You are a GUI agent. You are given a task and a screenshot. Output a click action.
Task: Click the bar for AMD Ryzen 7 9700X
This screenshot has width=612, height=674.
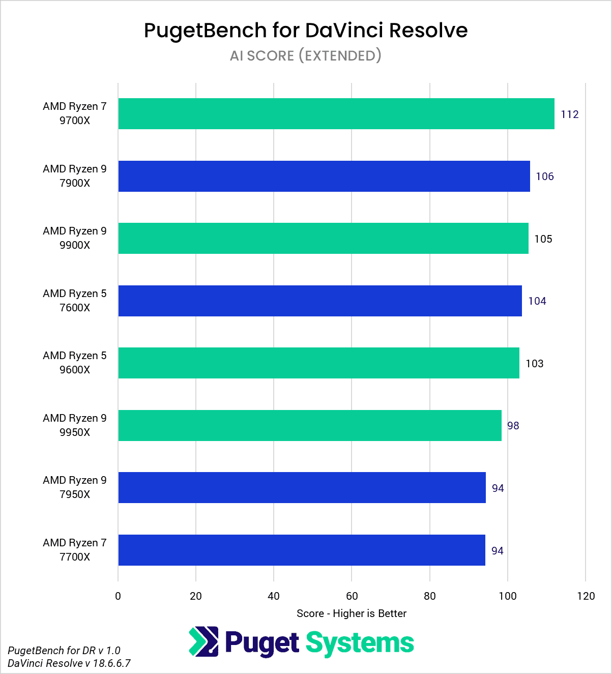click(336, 113)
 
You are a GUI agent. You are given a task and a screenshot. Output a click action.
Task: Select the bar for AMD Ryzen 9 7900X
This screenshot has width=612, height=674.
click(324, 176)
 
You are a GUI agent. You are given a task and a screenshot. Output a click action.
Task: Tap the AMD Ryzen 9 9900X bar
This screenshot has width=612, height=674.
click(323, 238)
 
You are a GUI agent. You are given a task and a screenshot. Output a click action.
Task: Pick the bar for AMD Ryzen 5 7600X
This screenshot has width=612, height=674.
click(319, 301)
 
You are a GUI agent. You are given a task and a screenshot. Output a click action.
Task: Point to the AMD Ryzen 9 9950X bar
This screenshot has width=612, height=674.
click(309, 425)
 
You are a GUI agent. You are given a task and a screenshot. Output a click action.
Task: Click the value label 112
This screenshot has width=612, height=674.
click(570, 114)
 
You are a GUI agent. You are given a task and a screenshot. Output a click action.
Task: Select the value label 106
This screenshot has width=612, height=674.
click(544, 177)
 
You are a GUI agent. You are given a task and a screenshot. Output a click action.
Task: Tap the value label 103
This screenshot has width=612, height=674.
click(534, 364)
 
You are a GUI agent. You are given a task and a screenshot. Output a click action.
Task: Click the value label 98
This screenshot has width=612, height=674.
click(513, 426)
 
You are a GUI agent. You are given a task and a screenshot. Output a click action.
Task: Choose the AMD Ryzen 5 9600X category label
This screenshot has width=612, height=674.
click(75, 363)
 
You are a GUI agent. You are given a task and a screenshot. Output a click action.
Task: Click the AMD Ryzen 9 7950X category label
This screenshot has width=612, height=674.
click(75, 487)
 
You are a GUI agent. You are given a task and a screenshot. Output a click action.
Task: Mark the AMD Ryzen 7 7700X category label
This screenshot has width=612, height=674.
click(75, 550)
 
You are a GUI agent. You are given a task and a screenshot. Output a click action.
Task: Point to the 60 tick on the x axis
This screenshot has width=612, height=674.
click(352, 596)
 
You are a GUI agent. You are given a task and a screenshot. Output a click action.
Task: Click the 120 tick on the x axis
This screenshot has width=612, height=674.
click(586, 596)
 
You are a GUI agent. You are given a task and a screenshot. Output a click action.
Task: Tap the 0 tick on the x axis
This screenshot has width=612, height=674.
click(118, 596)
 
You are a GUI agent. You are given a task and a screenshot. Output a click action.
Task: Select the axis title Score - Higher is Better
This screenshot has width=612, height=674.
click(352, 613)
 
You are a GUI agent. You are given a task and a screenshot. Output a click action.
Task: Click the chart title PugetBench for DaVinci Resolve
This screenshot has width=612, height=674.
click(306, 31)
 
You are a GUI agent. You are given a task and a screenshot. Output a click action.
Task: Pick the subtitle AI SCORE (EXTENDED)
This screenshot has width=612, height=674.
click(306, 55)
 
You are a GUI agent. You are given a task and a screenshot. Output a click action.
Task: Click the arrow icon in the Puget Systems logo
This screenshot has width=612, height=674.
click(203, 641)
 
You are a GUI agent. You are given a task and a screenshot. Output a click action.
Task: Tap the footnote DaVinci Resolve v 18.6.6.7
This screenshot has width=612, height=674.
click(69, 663)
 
